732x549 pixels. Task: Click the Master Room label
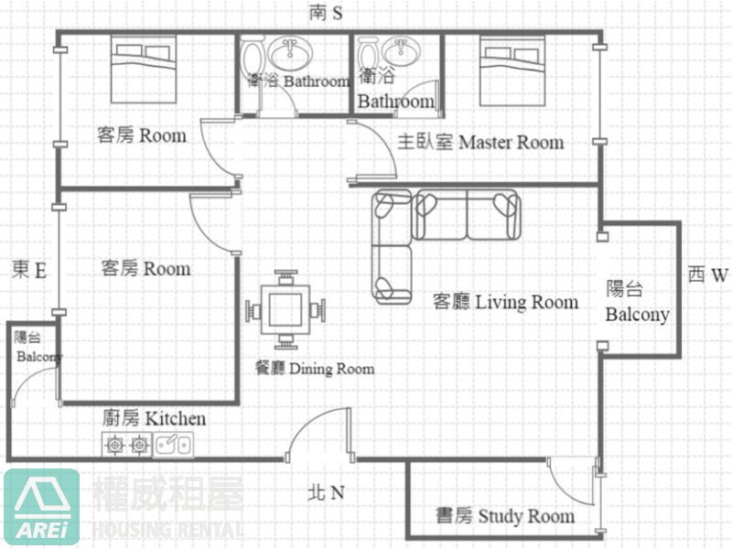[480, 142]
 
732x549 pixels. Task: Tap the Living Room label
[506, 302]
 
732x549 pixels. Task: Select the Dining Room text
[315, 369]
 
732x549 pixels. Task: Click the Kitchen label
[154, 418]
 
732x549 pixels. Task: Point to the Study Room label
[505, 516]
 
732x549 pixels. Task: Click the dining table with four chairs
[285, 310]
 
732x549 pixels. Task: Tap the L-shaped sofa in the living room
[446, 246]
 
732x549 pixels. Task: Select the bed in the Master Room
[512, 70]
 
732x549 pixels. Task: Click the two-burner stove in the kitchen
[127, 445]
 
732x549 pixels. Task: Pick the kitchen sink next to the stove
[173, 445]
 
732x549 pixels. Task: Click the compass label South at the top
[326, 13]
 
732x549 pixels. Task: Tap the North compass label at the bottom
[326, 492]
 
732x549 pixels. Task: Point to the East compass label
[29, 270]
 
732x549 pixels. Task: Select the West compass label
[708, 275]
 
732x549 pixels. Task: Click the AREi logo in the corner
[41, 507]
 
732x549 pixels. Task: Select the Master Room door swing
[372, 150]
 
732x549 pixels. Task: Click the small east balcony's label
[38, 347]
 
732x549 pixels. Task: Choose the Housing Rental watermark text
[168, 530]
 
